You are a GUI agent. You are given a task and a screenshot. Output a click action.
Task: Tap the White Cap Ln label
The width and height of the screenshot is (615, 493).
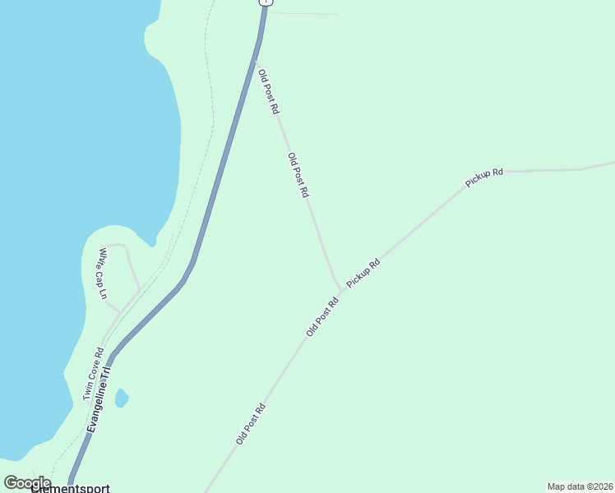[x=103, y=273]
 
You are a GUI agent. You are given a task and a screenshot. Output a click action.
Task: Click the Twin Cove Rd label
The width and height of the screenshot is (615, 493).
[x=93, y=374]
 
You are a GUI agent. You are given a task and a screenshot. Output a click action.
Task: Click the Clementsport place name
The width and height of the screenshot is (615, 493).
[x=70, y=488]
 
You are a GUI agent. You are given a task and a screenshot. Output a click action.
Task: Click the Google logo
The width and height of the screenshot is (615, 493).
[x=27, y=483]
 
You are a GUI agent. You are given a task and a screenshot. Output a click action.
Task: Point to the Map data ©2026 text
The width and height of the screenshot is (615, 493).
[x=580, y=486]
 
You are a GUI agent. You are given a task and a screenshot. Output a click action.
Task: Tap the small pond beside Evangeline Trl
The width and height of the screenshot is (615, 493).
[x=122, y=399]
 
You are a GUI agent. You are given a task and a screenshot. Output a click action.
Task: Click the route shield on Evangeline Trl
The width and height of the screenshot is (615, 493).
[x=264, y=2]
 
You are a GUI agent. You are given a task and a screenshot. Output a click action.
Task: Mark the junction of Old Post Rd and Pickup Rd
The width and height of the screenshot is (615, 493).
[x=341, y=290]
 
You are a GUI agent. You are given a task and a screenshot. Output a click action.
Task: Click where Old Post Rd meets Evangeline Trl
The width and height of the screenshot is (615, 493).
[x=256, y=61]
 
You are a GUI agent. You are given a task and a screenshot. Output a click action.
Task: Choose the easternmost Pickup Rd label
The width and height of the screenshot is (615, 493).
[x=483, y=177]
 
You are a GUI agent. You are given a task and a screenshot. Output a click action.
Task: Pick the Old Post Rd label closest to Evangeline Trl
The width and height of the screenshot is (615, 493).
[x=269, y=91]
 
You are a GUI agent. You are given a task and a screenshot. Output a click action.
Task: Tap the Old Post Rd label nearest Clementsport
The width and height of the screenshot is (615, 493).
[x=251, y=424]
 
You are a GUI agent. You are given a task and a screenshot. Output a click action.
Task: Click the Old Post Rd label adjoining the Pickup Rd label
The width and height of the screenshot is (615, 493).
[x=322, y=316]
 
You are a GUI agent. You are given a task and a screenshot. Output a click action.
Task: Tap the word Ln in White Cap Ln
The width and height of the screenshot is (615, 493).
[x=104, y=292]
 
